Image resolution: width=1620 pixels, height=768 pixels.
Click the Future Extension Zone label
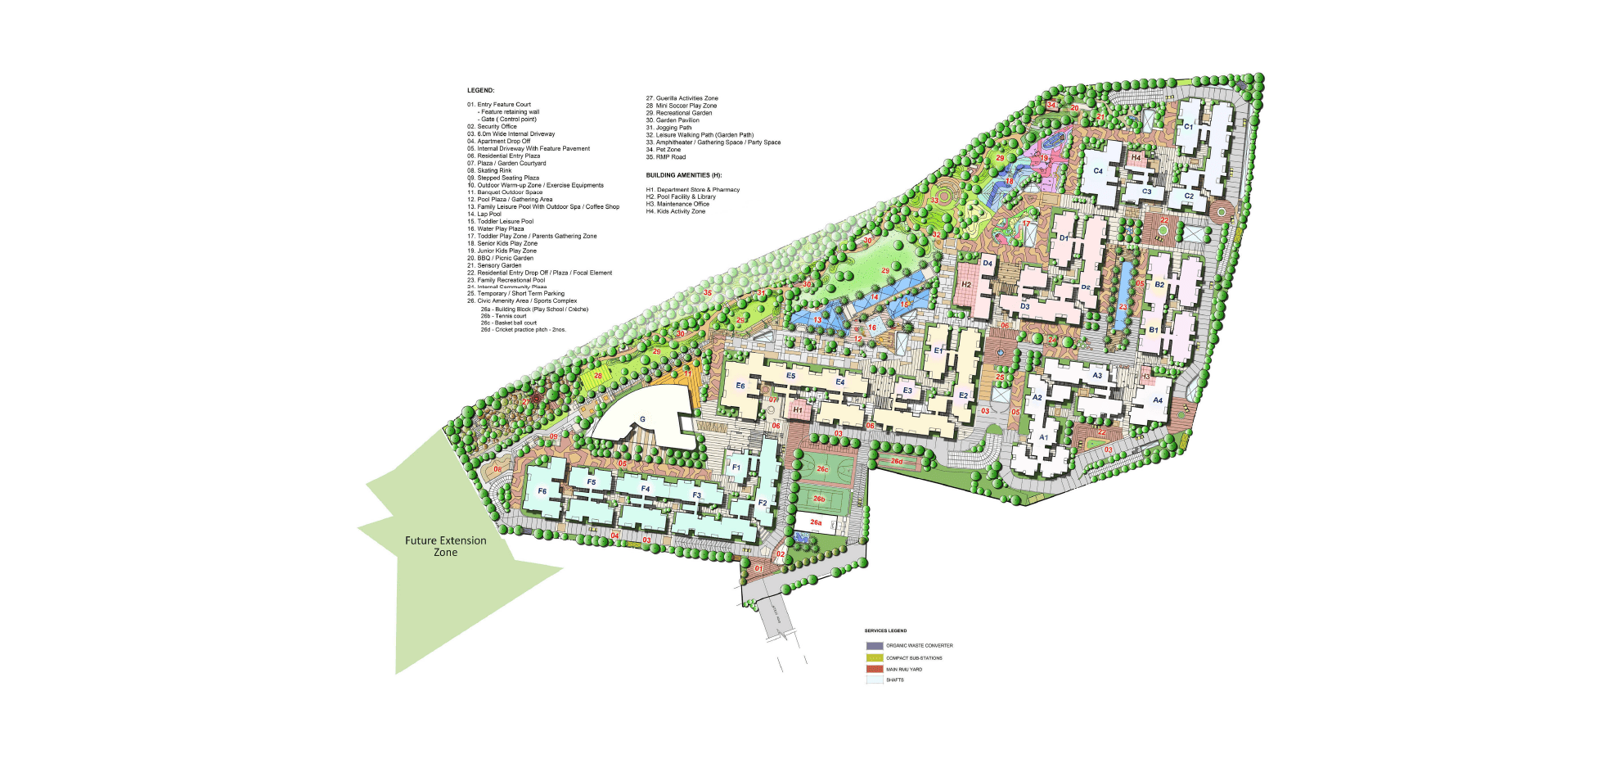[445, 546]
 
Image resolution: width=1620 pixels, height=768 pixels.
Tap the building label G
[642, 419]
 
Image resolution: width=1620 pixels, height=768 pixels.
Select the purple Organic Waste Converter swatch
[875, 646]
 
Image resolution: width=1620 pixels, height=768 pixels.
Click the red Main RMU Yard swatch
[875, 669]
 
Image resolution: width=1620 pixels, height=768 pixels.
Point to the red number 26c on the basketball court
[822, 469]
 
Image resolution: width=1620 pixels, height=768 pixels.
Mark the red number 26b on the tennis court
[818, 499]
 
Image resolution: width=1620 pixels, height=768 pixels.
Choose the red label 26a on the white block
[816, 522]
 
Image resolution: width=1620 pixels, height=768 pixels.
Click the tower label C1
[1189, 127]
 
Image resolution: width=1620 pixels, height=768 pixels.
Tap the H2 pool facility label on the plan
[966, 285]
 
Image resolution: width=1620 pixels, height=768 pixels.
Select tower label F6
[542, 491]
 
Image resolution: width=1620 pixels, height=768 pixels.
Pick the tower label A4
[1158, 400]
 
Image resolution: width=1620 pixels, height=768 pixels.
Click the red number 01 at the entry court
[758, 568]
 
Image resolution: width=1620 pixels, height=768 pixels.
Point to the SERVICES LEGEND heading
[885, 630]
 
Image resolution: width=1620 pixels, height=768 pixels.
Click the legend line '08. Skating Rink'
[489, 170]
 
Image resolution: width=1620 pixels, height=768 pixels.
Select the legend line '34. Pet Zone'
[664, 150]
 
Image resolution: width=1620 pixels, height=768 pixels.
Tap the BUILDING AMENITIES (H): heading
[683, 175]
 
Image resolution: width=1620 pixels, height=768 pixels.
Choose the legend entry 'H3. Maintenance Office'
[677, 204]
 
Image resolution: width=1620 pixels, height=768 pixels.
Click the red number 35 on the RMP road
[708, 292]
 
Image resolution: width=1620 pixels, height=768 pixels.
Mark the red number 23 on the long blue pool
[1123, 308]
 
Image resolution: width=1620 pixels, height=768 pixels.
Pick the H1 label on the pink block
[797, 409]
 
